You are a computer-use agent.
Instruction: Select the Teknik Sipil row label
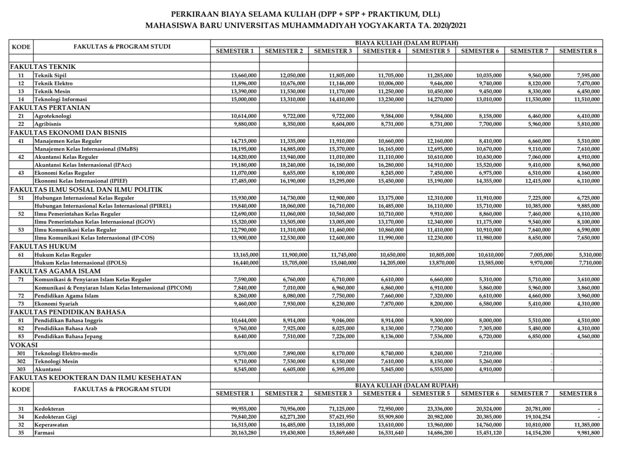point(50,75)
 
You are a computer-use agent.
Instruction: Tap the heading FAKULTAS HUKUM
point(43,246)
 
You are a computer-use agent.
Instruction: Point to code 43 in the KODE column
point(21,173)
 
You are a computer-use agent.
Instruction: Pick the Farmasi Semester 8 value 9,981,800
point(587,433)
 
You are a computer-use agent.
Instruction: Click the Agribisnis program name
point(48,124)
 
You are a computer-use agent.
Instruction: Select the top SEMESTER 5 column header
point(431,51)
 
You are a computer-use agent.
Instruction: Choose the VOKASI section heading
point(24,345)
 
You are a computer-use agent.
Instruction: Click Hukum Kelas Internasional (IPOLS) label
point(80,263)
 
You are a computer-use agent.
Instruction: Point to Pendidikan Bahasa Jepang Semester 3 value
point(342,336)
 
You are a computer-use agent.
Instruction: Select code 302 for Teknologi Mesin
point(21,361)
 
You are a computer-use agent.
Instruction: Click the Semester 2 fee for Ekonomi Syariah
point(293,304)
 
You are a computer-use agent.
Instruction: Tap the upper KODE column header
point(21,47)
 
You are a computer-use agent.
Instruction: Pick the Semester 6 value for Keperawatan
point(488,425)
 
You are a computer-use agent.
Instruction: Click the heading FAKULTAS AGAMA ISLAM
point(55,271)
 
